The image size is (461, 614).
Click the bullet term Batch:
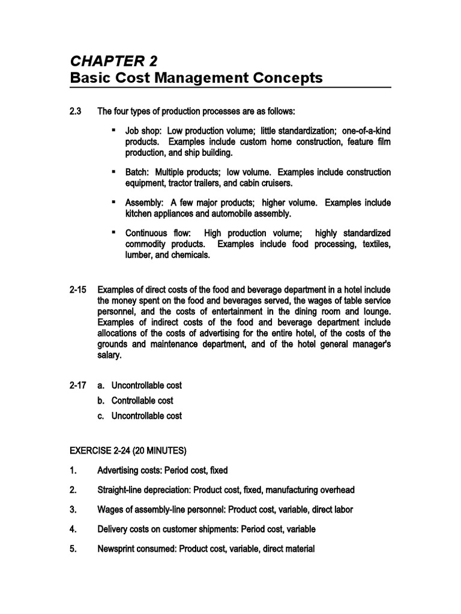tap(139, 172)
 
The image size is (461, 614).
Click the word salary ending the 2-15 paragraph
tap(110, 355)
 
